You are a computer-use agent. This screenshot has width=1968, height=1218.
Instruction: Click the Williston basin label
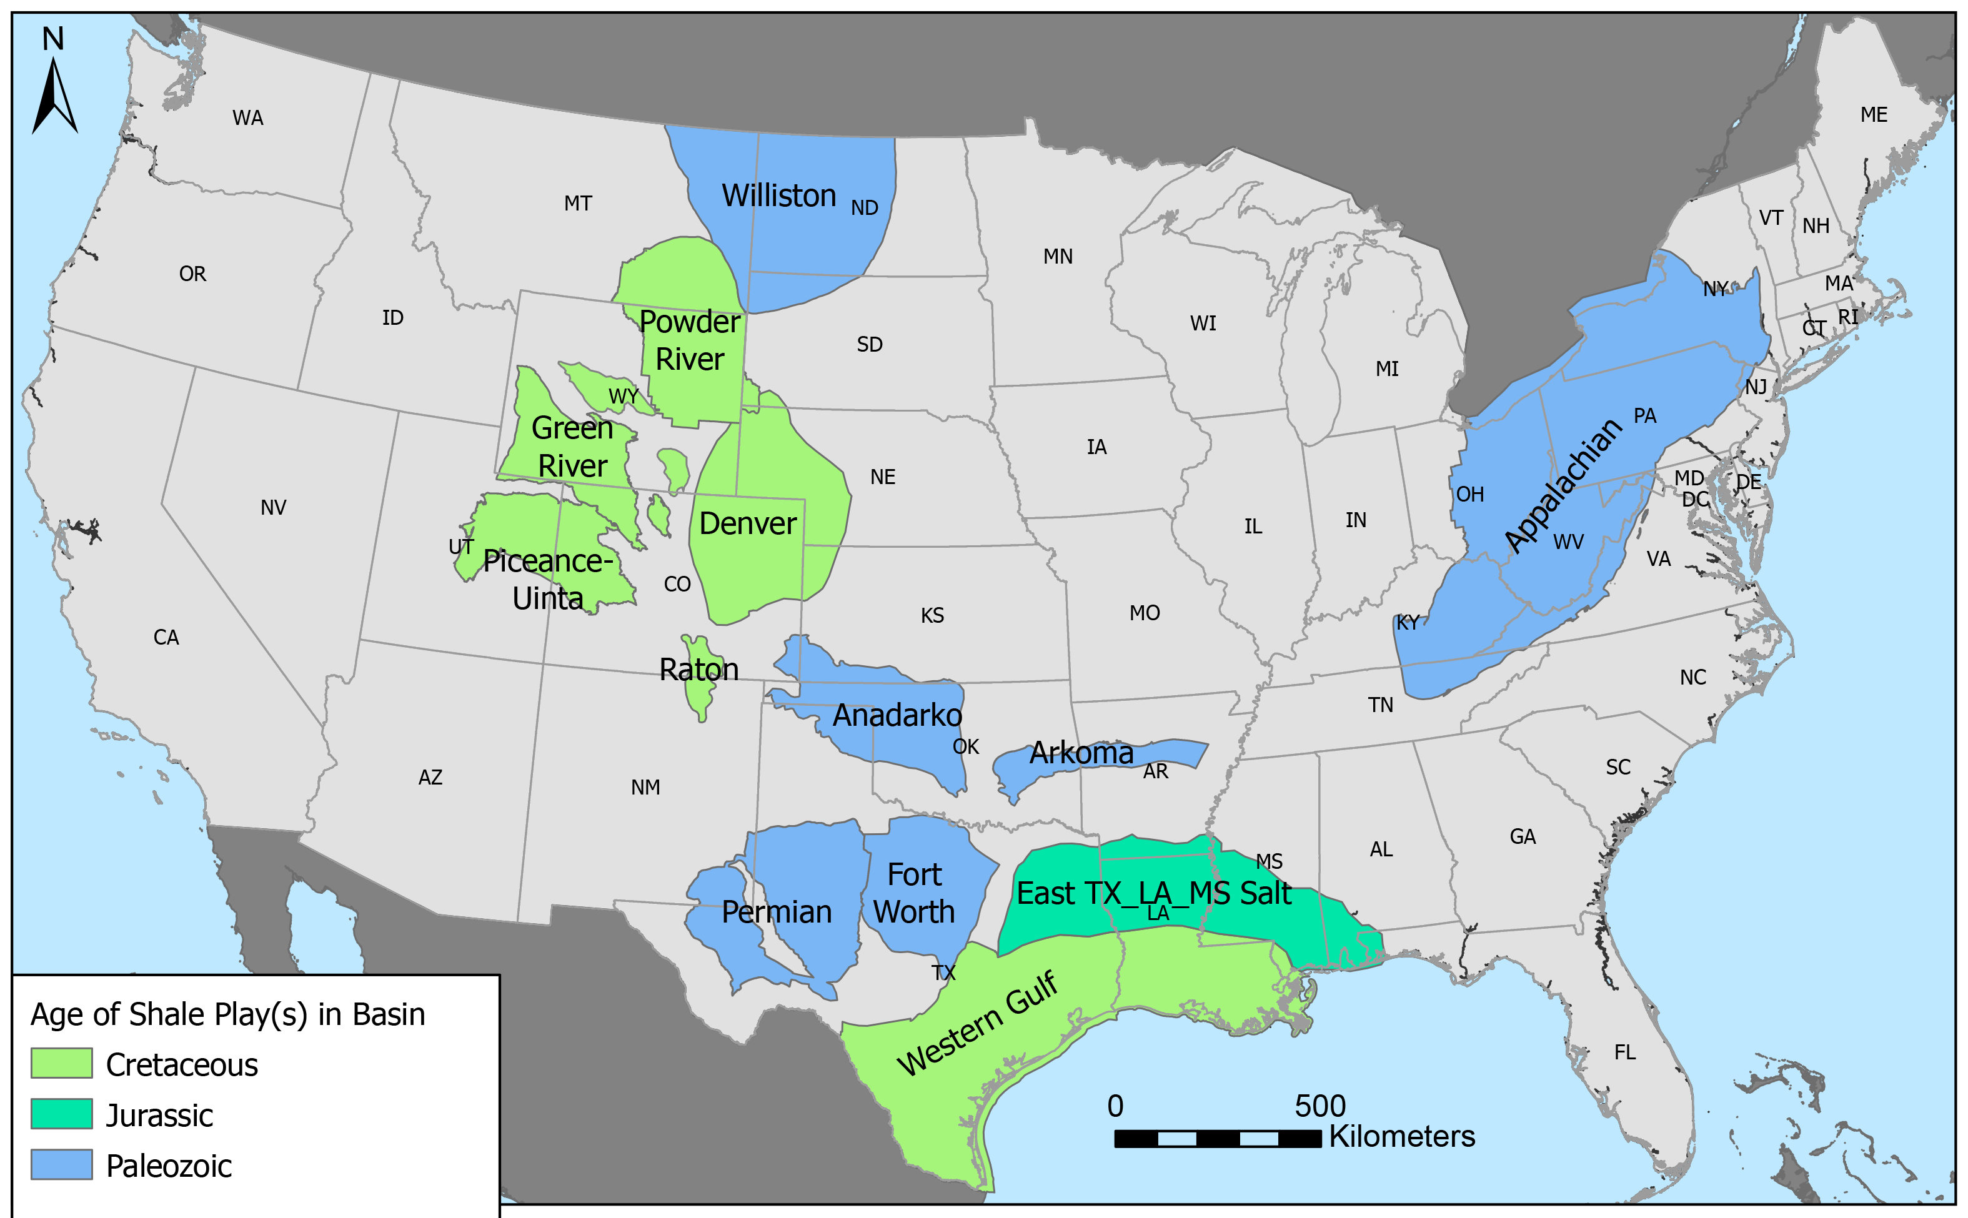point(778,196)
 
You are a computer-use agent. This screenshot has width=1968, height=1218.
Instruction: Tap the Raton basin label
point(698,670)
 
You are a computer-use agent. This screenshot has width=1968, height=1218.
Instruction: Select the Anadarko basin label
point(897,715)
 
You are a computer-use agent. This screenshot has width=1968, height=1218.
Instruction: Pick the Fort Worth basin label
point(914,893)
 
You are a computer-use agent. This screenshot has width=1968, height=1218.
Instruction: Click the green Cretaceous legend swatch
point(61,1063)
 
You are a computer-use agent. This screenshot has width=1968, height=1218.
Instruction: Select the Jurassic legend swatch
point(61,1114)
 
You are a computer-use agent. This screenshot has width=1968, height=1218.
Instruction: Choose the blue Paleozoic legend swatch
point(61,1165)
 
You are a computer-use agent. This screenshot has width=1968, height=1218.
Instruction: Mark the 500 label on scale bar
point(1319,1106)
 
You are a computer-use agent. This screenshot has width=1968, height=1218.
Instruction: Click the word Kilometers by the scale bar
point(1402,1137)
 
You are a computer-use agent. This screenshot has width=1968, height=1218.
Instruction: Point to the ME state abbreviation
point(1874,115)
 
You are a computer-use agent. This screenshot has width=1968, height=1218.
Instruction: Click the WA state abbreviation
point(247,119)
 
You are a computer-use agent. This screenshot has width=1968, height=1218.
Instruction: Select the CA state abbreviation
point(166,638)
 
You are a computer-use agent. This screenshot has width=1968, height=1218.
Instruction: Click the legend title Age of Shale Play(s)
point(227,1014)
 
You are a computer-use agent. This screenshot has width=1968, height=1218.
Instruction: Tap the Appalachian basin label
point(1562,487)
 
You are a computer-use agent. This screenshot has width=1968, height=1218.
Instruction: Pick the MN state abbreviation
point(1058,257)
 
